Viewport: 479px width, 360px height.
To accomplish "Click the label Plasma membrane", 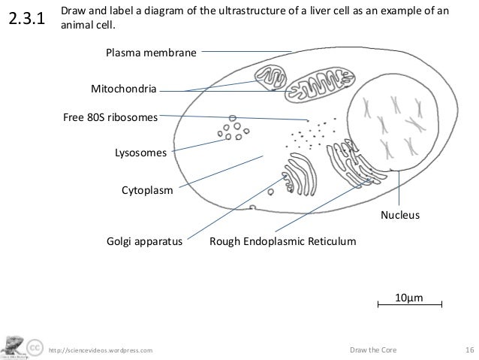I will (x=150, y=53).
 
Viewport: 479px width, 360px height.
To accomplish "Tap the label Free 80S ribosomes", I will (x=110, y=117).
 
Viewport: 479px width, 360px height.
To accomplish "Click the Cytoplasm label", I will (x=147, y=191).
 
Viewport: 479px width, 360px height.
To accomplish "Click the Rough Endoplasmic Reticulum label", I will (x=282, y=243).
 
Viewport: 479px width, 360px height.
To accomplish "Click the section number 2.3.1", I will (x=27, y=21).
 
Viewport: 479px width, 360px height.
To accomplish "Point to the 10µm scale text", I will (x=409, y=298).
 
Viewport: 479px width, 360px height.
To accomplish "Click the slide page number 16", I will (x=469, y=349).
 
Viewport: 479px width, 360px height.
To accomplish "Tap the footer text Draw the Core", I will (x=374, y=349).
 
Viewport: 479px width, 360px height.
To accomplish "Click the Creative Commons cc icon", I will (x=35, y=349).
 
